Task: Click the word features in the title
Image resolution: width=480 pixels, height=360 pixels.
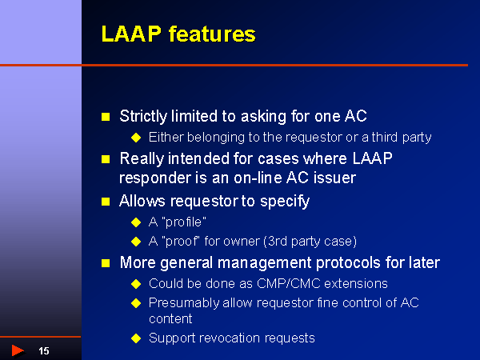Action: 207,34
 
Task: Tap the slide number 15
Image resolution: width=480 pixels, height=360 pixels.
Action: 44,351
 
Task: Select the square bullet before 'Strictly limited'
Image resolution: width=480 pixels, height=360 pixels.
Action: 105,117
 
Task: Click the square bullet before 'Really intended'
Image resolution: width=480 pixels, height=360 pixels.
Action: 105,159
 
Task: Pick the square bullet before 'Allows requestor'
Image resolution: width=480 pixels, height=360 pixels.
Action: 105,201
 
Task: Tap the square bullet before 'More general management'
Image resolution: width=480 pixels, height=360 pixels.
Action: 105,263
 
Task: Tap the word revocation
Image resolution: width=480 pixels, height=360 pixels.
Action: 226,338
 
